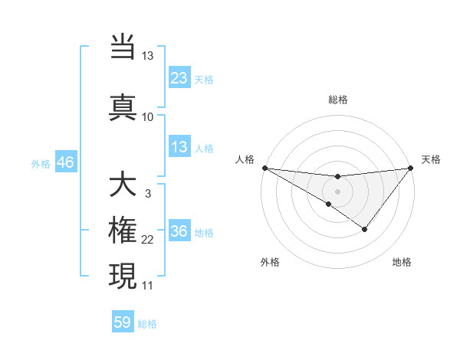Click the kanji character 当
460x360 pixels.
123,47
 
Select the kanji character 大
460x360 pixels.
123,185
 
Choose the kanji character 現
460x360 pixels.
123,275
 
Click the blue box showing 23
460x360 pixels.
179,78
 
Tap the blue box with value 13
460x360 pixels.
179,147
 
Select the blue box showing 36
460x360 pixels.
179,231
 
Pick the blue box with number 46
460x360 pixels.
65,162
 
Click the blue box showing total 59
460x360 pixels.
123,322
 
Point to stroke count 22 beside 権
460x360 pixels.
147,241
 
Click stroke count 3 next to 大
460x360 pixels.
147,194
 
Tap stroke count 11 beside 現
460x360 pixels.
147,286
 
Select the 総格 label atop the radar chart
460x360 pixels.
337,100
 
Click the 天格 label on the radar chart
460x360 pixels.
431,159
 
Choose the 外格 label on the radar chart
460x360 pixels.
270,262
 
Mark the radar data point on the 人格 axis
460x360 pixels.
264,168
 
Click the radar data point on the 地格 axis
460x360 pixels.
365,229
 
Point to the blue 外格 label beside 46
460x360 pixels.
40,163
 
